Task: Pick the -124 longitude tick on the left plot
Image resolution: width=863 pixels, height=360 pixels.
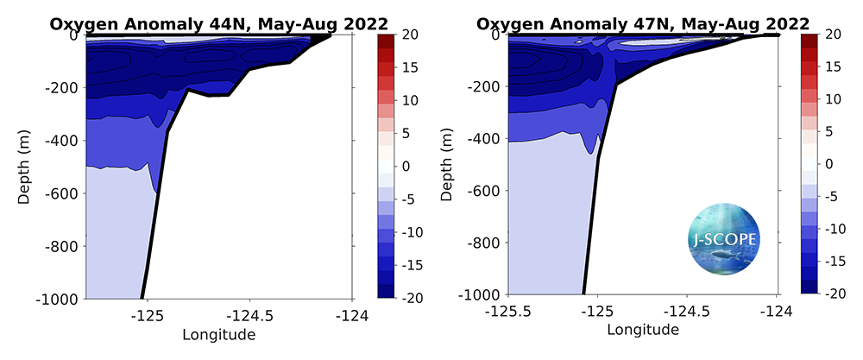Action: point(351,316)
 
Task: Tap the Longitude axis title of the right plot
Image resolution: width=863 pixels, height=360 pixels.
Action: point(642,329)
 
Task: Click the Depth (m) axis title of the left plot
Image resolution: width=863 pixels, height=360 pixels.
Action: point(25,167)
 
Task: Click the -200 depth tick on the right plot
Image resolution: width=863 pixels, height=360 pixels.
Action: point(482,86)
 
